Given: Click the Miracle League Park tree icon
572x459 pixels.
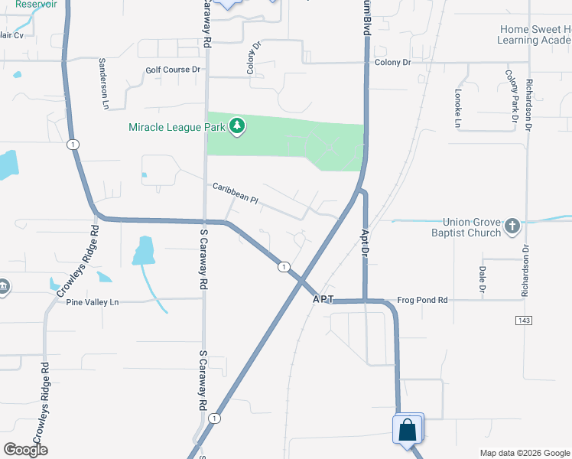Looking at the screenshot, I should point(237,126).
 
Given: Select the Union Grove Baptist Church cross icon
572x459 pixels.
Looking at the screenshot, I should point(512,226).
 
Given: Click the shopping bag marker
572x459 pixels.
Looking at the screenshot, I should point(408,430).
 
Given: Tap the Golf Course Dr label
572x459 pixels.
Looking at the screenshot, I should point(173,70).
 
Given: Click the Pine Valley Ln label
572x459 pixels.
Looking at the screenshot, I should point(93,302).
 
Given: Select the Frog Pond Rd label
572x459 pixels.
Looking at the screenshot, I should point(422,301).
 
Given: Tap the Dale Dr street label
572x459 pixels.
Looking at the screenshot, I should point(482,278).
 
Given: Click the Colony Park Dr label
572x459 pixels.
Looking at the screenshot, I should point(510,96).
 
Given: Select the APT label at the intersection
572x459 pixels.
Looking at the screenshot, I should point(323,301).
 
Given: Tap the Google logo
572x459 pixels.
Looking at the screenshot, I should point(25,450).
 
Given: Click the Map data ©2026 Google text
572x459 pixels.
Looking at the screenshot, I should point(524,453).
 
